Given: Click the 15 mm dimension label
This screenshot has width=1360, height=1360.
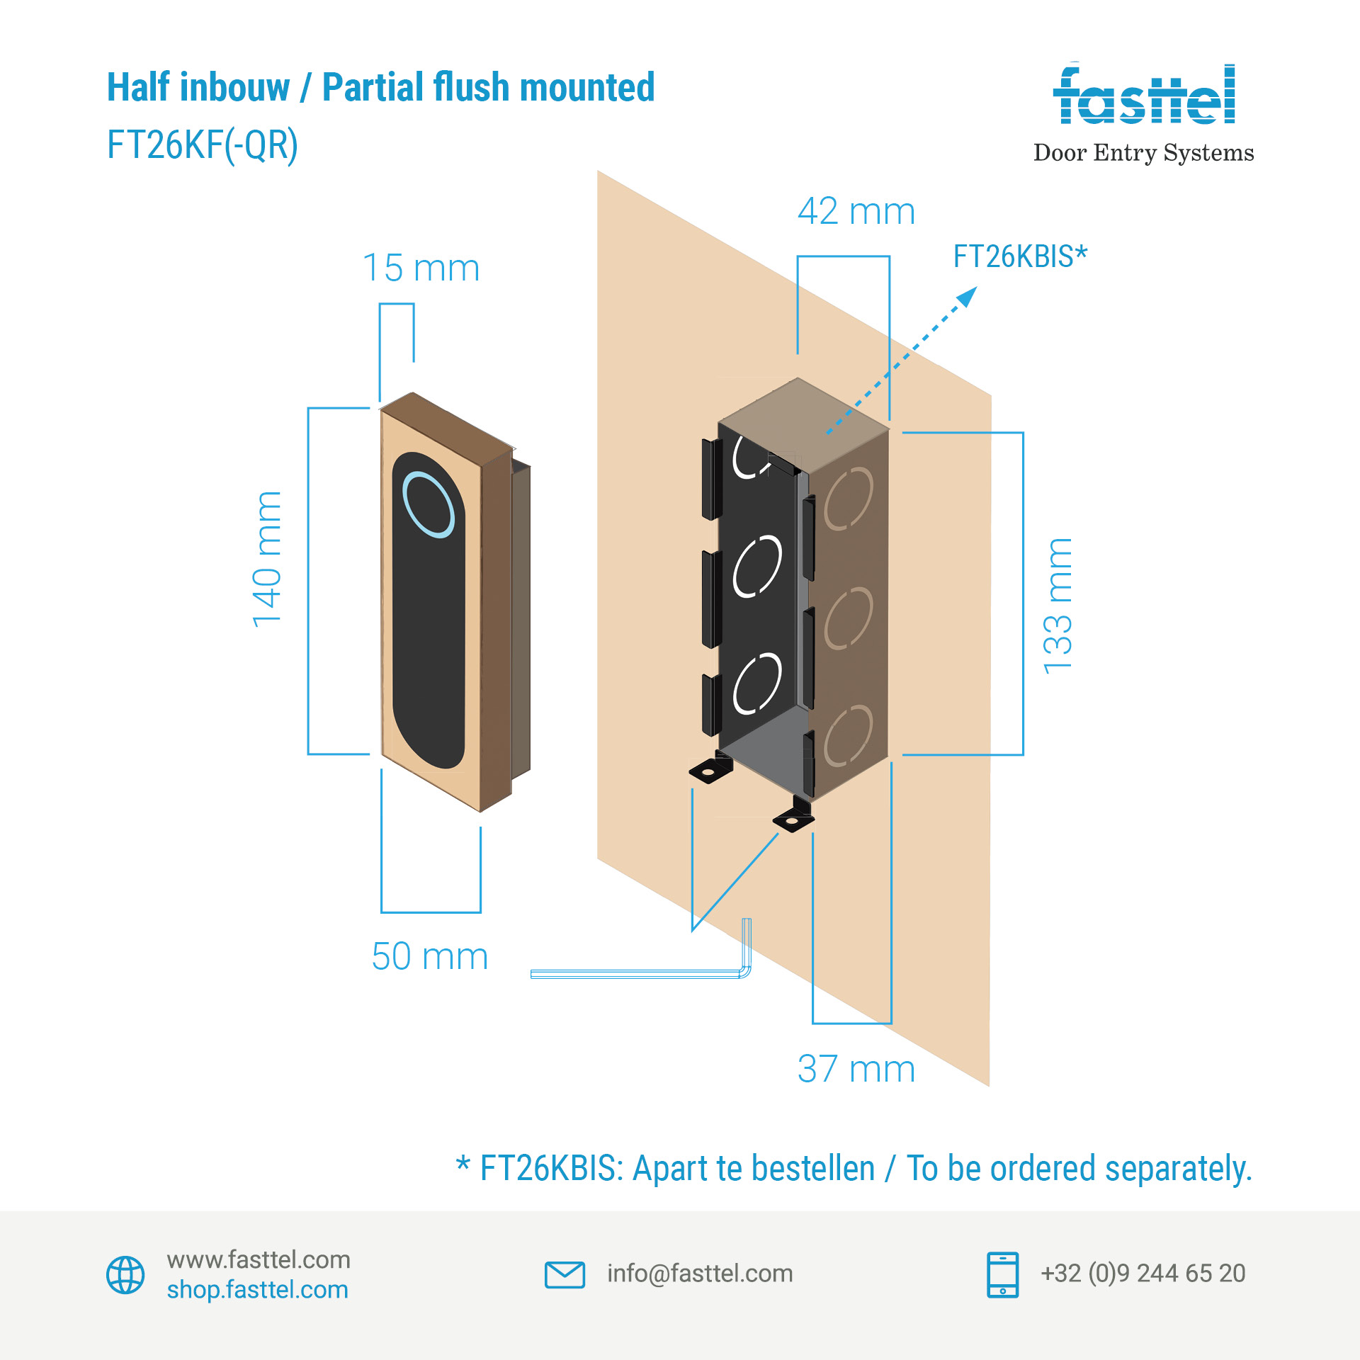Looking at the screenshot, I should tap(421, 268).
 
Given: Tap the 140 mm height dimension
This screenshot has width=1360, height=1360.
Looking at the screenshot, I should tap(267, 559).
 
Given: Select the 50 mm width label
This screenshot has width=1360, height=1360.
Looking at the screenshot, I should tap(429, 956).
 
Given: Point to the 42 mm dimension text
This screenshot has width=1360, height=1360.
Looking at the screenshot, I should tap(856, 211).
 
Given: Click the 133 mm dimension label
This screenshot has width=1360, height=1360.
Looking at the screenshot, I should tap(1058, 606).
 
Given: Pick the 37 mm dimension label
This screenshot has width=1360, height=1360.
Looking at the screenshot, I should tap(856, 1069).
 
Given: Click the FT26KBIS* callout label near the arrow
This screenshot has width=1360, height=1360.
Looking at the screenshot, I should tap(1019, 256).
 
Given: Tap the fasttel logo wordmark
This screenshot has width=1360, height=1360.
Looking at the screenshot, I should tap(1144, 96).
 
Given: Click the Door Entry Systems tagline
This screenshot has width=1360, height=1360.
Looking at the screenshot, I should tap(1143, 152).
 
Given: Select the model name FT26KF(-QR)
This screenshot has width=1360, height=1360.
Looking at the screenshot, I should tap(203, 145).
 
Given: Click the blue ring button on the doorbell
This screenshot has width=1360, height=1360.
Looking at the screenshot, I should tap(429, 504).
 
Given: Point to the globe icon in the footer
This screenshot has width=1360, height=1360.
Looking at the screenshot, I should tap(125, 1275).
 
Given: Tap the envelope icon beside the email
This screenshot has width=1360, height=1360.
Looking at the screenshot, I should tap(565, 1274).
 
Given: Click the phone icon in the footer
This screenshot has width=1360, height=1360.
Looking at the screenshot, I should tap(1002, 1274).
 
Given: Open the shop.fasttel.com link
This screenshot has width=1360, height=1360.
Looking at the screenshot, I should tap(258, 1290).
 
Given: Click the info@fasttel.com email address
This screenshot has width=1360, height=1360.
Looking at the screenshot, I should tap(700, 1274).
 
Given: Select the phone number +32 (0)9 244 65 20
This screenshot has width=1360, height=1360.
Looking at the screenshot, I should tap(1143, 1274).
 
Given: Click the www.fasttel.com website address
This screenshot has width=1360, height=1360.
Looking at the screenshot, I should tap(259, 1259).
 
